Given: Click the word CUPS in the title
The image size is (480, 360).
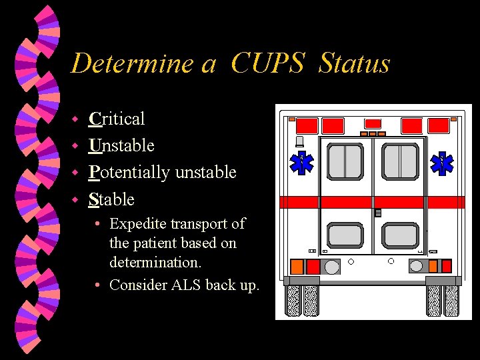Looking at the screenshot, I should coord(268,63).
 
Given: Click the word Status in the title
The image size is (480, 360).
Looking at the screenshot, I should coord(354,63).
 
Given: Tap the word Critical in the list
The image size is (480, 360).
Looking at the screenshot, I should coord(117,119).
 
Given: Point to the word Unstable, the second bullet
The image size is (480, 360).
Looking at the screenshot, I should coord(121,145).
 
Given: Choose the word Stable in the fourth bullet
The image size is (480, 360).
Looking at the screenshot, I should coord(111,199).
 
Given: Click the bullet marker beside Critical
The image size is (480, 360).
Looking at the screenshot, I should coord(76,119).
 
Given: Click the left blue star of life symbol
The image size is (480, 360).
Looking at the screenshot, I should coord(303,162).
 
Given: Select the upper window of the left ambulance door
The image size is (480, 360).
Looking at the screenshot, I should coord(345,161).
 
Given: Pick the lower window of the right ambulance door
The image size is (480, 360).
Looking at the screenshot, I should coord(400,235).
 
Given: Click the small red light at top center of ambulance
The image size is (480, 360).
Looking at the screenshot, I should coord(373,123).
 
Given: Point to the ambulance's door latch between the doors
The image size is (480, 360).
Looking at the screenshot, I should coord(378,213).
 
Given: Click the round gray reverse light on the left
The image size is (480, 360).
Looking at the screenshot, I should coord(331,267).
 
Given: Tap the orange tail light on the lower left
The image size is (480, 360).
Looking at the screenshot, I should coord(296,267).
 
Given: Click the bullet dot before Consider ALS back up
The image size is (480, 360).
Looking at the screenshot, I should coord(97,285).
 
